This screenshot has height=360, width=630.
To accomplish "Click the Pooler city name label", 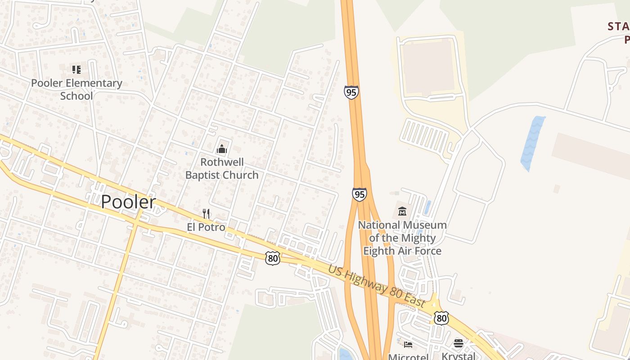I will pyautogui.click(x=128, y=202).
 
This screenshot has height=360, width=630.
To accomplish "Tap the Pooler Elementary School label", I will pyautogui.click(x=76, y=89).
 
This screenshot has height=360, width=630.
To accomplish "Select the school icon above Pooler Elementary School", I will pyautogui.click(x=76, y=69).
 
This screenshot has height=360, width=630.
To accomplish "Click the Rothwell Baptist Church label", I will pyautogui.click(x=222, y=168).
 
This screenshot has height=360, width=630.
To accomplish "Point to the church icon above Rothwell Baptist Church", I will pyautogui.click(x=222, y=148).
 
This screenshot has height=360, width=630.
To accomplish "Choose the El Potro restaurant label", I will pyautogui.click(x=206, y=227).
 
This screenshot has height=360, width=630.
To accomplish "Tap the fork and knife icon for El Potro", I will pyautogui.click(x=206, y=213).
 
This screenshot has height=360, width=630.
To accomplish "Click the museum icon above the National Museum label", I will pyautogui.click(x=402, y=211).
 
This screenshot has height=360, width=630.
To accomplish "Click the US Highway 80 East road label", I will pyautogui.click(x=377, y=287).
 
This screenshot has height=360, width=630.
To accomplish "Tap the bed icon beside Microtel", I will pyautogui.click(x=408, y=345).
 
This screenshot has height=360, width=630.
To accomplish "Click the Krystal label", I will pyautogui.click(x=458, y=356).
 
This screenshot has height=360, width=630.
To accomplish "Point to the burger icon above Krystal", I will pyautogui.click(x=459, y=344).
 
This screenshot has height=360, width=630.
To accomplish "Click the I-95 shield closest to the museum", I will pyautogui.click(x=359, y=194).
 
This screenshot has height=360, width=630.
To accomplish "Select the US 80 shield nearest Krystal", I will pyautogui.click(x=441, y=318).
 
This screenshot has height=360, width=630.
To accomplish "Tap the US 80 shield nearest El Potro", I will pyautogui.click(x=273, y=258).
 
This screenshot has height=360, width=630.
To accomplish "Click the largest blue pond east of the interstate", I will pyautogui.click(x=532, y=143).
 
